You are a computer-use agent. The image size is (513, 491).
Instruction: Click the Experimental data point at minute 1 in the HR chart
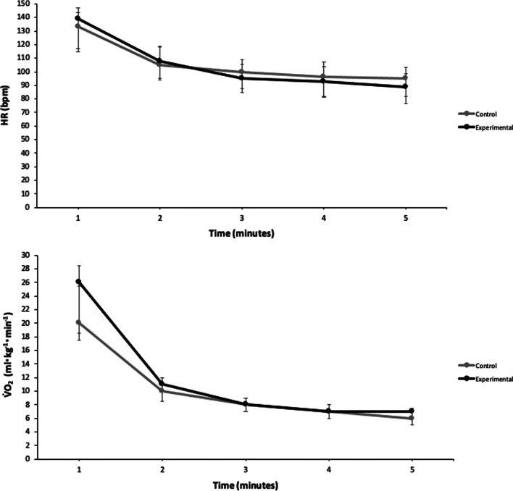(x=78, y=19)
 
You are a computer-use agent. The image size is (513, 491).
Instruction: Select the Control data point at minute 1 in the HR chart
(x=78, y=26)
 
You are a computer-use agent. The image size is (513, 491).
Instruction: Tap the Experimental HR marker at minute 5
(x=412, y=87)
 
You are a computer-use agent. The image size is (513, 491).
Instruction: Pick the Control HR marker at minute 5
(x=412, y=78)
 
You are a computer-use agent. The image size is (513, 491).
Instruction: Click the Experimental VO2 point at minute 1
(x=78, y=282)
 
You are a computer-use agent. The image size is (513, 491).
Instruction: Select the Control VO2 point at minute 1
(x=78, y=322)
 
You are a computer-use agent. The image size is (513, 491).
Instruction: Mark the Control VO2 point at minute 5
(x=412, y=418)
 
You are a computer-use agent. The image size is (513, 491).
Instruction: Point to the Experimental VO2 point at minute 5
(x=412, y=411)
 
